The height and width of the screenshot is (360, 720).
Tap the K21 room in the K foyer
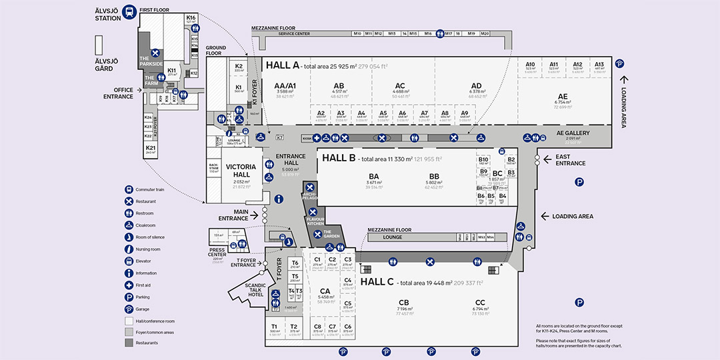click(x=151, y=149)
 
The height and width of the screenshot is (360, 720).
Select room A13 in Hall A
click(x=599, y=66)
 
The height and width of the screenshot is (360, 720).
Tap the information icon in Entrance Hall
click(x=278, y=199)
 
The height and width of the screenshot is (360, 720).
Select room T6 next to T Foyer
click(x=295, y=264)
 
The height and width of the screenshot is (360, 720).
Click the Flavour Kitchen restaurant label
click(x=315, y=221)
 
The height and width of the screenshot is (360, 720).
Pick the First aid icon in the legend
click(x=129, y=285)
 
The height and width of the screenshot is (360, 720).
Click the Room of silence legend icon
click(x=129, y=237)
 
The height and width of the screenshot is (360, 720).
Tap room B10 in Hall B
click(x=483, y=161)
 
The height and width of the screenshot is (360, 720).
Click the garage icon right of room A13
click(x=620, y=64)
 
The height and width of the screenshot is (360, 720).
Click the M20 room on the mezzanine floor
click(x=485, y=33)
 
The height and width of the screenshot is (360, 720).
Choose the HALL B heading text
click(x=338, y=159)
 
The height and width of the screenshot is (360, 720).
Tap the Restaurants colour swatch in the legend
click(x=129, y=343)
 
